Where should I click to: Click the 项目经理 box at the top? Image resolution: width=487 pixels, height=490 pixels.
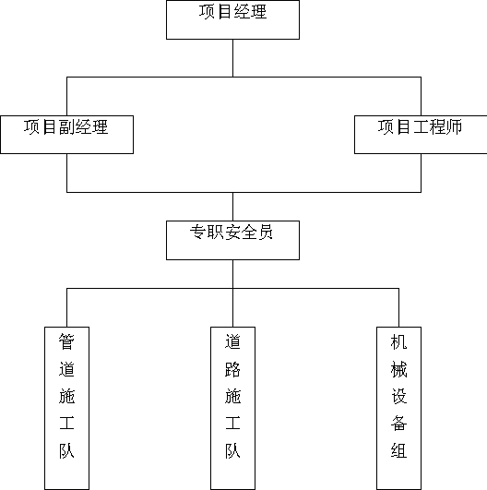tap(232, 19)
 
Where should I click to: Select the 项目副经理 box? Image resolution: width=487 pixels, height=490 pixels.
tap(66, 135)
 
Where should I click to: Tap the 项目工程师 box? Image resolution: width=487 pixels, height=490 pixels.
tap(421, 135)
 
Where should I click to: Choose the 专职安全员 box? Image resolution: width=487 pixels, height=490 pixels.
tap(232, 240)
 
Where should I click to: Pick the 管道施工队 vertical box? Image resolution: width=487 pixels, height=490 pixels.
tap(66, 408)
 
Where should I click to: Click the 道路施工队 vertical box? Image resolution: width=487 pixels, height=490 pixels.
tap(232, 408)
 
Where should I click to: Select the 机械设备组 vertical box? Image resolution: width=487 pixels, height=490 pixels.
tap(398, 408)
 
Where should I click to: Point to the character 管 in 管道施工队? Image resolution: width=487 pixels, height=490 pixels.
tap(66, 341)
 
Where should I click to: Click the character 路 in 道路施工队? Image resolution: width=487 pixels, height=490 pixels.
tap(232, 369)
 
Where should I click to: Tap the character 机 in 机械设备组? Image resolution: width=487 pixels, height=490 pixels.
tap(398, 341)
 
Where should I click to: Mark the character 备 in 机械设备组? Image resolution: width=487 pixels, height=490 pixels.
tap(398, 424)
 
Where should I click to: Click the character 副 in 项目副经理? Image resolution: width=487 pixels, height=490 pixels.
tap(66, 126)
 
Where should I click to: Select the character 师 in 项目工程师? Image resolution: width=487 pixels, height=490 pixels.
tap(454, 126)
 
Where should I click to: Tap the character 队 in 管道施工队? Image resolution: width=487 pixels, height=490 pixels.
tap(66, 450)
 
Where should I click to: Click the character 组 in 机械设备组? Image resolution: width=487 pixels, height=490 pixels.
tap(398, 450)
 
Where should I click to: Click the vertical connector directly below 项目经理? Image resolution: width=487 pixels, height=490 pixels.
tap(232, 58)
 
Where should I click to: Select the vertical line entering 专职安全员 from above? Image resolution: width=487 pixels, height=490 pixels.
tap(232, 207)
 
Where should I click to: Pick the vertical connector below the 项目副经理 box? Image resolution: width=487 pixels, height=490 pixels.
tap(66, 173)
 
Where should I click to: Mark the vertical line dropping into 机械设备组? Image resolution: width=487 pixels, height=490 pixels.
tap(398, 307)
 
